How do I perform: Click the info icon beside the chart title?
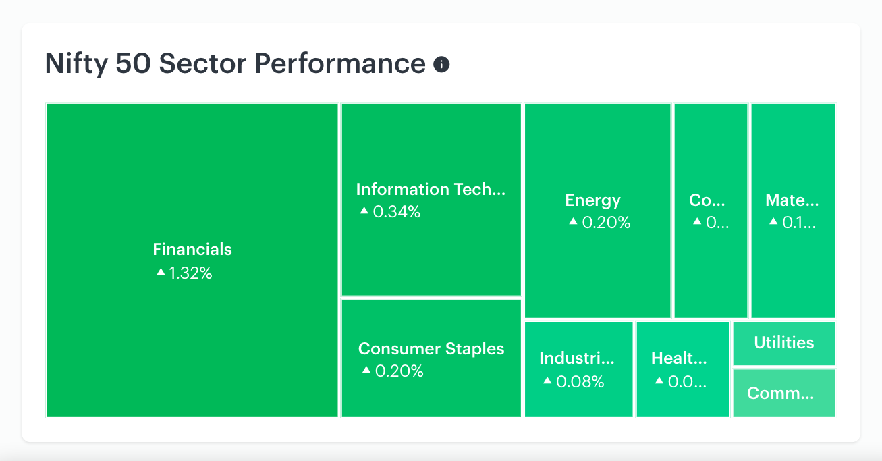pyautogui.click(x=441, y=64)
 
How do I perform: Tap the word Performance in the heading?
pyautogui.click(x=340, y=63)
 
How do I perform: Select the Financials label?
pyautogui.click(x=192, y=250)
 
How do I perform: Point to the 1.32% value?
pyautogui.click(x=190, y=273)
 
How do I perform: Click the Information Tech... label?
pyautogui.click(x=431, y=190)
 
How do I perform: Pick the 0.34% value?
pyautogui.click(x=397, y=212)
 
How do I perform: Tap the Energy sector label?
pyautogui.click(x=592, y=200)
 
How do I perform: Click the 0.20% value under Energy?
pyautogui.click(x=606, y=223)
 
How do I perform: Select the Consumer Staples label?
pyautogui.click(x=431, y=349)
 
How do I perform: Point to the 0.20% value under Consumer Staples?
pyautogui.click(x=399, y=371)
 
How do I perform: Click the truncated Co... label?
pyautogui.click(x=707, y=200)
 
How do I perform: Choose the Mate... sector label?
pyautogui.click(x=792, y=200)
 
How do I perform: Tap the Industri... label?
pyautogui.click(x=577, y=358)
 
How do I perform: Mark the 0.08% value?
pyautogui.click(x=580, y=381)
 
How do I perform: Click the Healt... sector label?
pyautogui.click(x=679, y=358)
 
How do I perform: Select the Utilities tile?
pyautogui.click(x=784, y=344)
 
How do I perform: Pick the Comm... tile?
pyautogui.click(x=784, y=393)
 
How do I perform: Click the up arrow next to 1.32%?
pyautogui.click(x=161, y=271)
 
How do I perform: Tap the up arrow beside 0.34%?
pyautogui.click(x=364, y=210)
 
